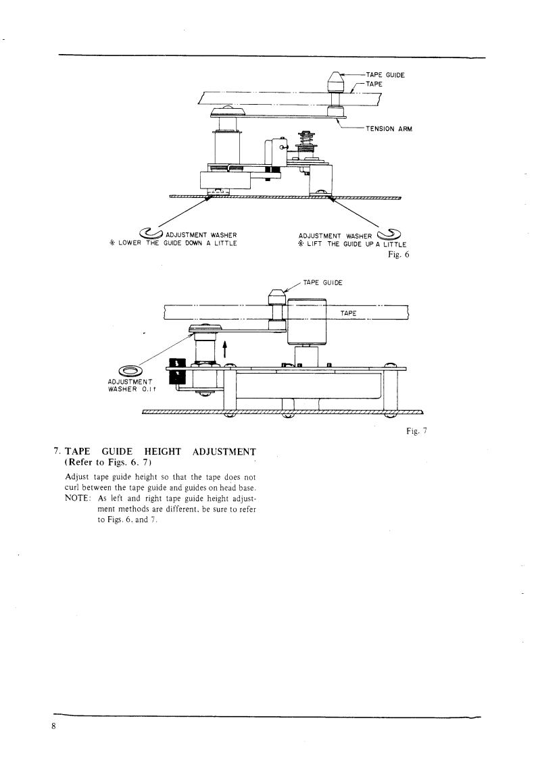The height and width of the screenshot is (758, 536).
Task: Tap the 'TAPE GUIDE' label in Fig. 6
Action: [385, 75]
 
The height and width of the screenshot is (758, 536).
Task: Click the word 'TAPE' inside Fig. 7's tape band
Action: [350, 313]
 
